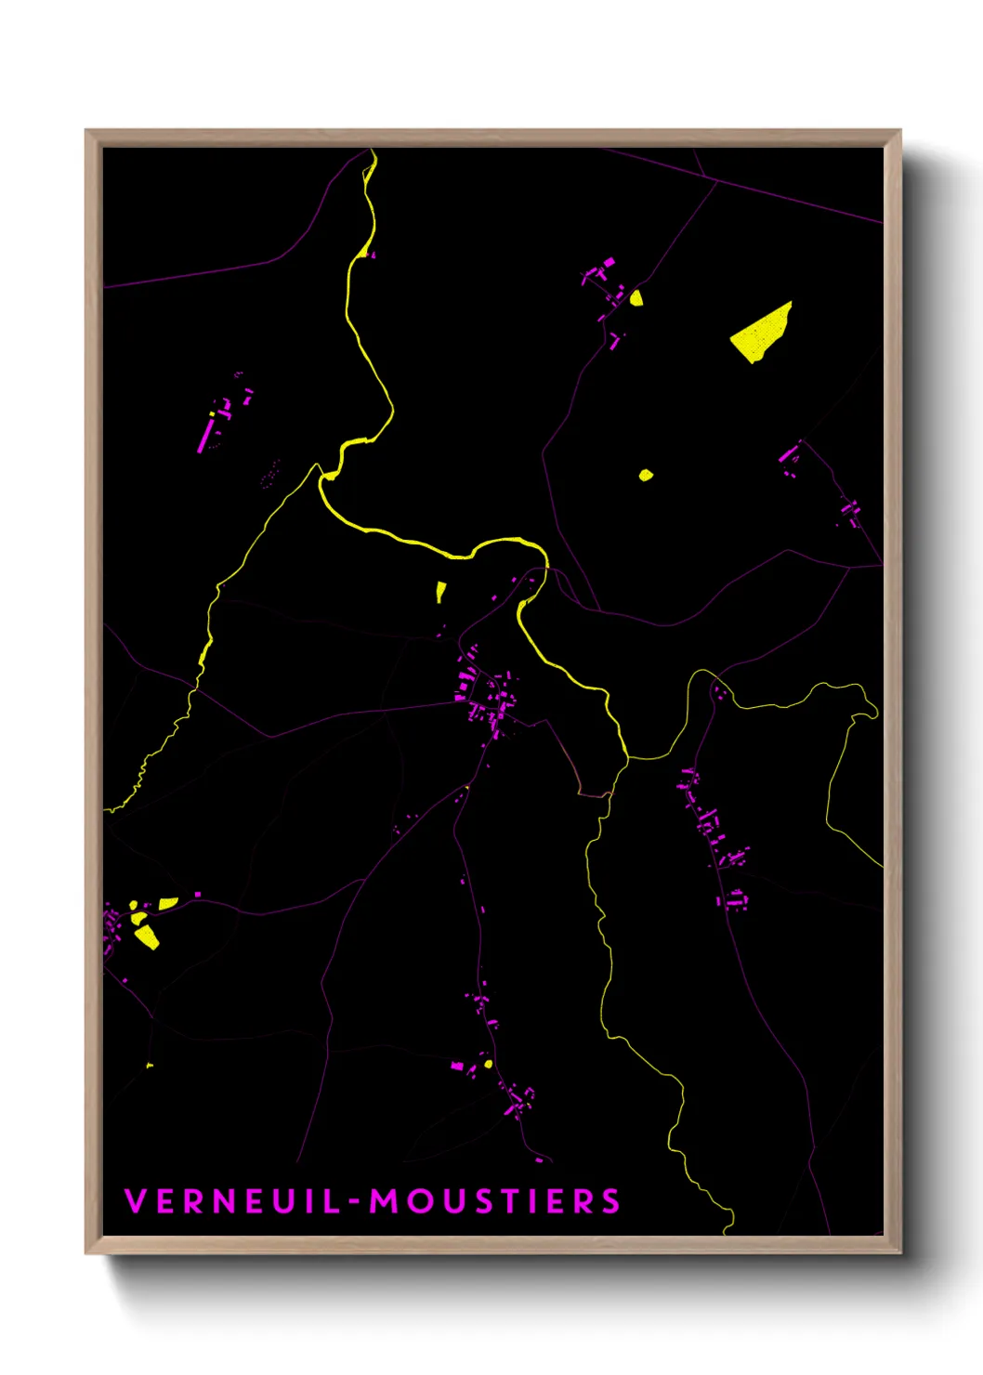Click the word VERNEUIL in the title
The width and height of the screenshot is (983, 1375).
232,1201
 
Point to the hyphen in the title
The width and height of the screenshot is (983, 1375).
354,1202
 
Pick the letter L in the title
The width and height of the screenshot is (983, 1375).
332,1201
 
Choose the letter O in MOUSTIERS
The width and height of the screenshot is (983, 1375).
416,1201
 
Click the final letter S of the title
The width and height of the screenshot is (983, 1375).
610,1201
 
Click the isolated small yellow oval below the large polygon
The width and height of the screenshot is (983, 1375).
646,476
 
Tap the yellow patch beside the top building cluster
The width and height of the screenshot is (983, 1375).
636,298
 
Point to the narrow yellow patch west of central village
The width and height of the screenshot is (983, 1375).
440,591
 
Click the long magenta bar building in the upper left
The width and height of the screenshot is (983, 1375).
204,434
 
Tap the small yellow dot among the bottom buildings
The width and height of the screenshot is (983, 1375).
488,1063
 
